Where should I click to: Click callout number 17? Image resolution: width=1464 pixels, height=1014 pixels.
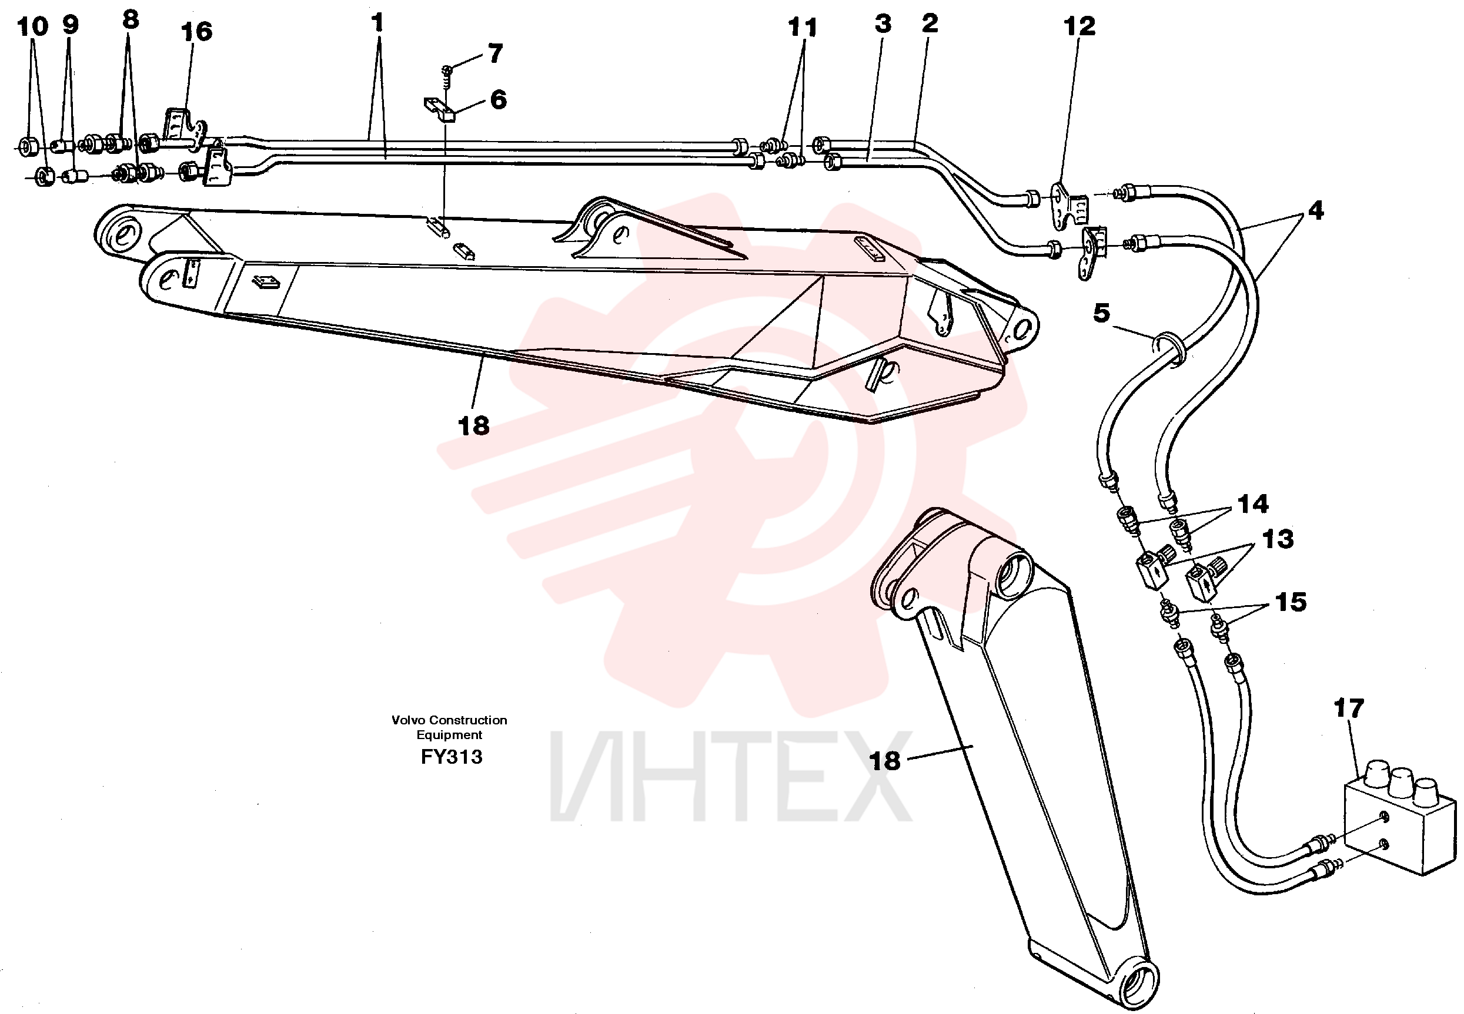click(x=1348, y=708)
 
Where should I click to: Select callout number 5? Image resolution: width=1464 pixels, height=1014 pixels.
click(x=1102, y=313)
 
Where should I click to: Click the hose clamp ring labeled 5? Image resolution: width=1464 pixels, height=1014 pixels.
click(x=1168, y=348)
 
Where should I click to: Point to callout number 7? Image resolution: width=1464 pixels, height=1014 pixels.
click(x=495, y=53)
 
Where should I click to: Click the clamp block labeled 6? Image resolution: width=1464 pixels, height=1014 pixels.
click(x=440, y=108)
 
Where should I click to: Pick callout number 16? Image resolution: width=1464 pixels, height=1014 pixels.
click(x=196, y=31)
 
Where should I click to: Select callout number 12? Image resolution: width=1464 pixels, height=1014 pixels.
click(x=1079, y=26)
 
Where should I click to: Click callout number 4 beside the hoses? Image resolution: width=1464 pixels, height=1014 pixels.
click(x=1316, y=210)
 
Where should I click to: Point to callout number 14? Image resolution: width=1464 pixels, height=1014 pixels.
click(x=1253, y=504)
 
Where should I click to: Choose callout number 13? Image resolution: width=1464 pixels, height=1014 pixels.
click(x=1278, y=539)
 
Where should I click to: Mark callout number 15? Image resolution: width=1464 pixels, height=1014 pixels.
click(x=1291, y=602)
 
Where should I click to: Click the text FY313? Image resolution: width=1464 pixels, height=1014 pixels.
click(x=452, y=757)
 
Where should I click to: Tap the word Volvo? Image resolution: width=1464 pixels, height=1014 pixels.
click(x=408, y=720)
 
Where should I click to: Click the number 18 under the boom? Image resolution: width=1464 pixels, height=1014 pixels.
click(x=473, y=426)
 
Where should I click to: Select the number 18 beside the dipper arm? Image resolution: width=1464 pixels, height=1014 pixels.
click(x=884, y=760)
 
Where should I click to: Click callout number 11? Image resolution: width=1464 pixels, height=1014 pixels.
click(x=802, y=28)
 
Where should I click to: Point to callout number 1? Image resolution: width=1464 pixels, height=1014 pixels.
click(x=377, y=23)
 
